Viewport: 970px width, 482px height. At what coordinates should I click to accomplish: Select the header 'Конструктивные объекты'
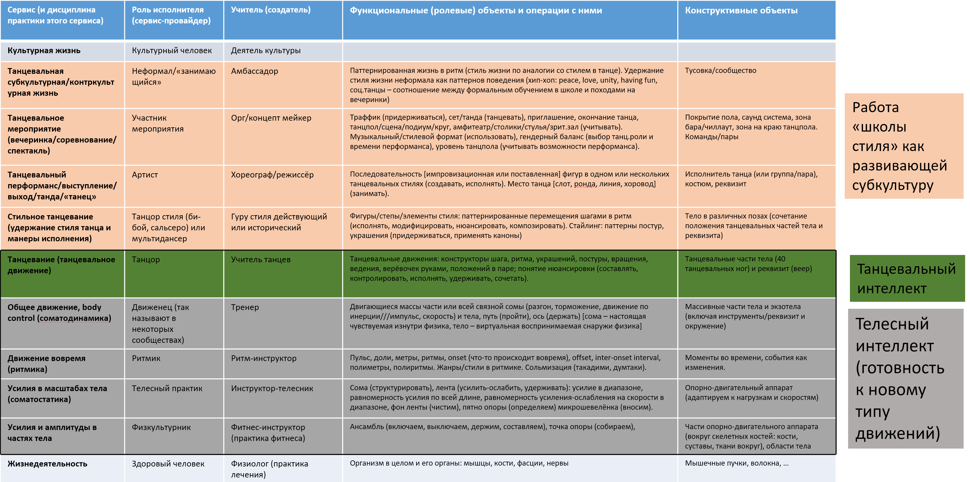pos(741,11)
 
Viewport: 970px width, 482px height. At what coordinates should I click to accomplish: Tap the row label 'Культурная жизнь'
pos(44,51)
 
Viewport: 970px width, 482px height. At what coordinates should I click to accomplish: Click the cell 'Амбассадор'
pos(254,71)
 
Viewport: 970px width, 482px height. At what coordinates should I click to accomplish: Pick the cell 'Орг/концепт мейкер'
pos(271,118)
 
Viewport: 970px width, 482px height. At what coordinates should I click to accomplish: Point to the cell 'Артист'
pos(145,175)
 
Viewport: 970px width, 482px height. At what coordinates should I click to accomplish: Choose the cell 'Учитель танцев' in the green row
pos(261,260)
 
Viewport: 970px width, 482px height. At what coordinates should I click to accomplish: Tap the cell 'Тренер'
pos(245,307)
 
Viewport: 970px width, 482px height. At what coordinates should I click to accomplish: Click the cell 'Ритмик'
pos(146,358)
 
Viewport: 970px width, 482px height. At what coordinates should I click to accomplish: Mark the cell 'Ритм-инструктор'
pos(264,358)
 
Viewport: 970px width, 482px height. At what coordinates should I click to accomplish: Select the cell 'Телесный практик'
pos(167,388)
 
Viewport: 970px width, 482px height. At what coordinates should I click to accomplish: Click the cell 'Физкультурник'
pos(161,427)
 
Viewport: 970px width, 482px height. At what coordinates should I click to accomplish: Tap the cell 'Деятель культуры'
pos(265,51)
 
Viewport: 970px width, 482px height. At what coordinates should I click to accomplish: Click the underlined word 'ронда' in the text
pos(585,184)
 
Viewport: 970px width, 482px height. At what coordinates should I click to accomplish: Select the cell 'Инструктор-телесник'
pos(272,388)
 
